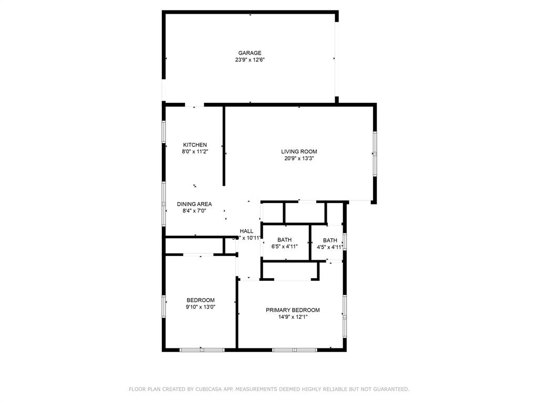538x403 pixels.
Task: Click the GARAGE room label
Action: [x=250, y=53]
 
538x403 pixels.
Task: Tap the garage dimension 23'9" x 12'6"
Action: [x=250, y=60]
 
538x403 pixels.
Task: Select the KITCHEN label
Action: [x=195, y=145]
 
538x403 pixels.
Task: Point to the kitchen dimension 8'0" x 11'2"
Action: [x=195, y=152]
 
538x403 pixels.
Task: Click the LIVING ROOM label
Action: [x=299, y=152]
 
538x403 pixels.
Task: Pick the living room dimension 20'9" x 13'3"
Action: [x=299, y=158]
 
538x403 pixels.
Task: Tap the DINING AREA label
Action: [x=194, y=204]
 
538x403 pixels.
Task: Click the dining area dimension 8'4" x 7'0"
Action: [x=194, y=211]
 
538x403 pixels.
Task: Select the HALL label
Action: [x=246, y=231]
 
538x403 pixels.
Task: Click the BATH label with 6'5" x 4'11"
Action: [x=285, y=240]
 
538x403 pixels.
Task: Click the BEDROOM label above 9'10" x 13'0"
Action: [x=200, y=300]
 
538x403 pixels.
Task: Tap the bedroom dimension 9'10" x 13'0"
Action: [x=200, y=307]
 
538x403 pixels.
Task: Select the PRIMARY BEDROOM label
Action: [x=293, y=310]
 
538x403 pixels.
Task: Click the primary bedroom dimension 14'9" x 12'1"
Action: [x=293, y=317]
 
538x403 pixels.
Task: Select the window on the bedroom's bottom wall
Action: [x=202, y=349]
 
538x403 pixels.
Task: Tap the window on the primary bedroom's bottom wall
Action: [x=295, y=349]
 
